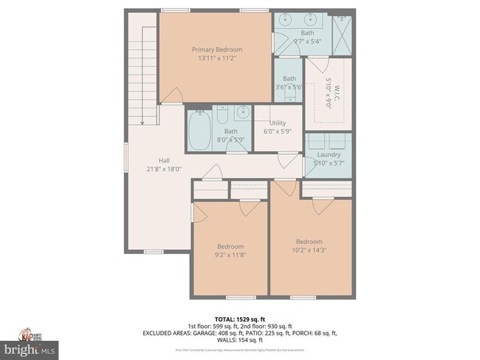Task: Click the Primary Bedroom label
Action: click(217, 49)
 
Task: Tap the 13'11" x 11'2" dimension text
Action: click(217, 58)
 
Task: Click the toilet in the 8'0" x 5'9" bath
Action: click(222, 116)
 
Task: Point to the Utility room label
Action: click(277, 122)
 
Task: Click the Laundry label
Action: click(329, 154)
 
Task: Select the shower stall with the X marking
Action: click(341, 30)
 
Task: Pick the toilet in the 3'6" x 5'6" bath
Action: click(289, 99)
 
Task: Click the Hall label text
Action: click(164, 160)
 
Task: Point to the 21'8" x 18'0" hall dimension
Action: click(164, 168)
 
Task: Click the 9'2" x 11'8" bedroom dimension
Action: click(230, 255)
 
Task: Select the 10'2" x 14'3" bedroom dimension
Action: click(309, 250)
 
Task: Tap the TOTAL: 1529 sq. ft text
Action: click(239, 319)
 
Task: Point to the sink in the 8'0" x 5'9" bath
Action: click(241, 114)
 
